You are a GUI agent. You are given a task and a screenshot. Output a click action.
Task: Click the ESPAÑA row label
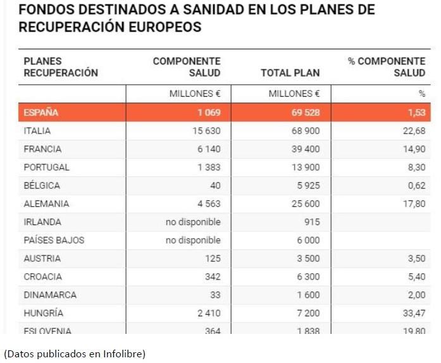[x=41, y=113]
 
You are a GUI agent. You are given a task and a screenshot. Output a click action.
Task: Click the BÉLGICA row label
[x=42, y=186]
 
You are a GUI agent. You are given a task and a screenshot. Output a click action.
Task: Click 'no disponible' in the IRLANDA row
[x=193, y=222]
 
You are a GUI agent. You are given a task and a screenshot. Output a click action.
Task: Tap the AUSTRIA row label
[x=42, y=259]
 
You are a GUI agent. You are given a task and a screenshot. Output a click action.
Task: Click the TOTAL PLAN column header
[x=290, y=73]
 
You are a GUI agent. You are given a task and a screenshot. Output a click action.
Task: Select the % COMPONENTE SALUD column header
[x=387, y=67]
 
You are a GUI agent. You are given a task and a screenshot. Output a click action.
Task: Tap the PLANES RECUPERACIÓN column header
[x=61, y=67]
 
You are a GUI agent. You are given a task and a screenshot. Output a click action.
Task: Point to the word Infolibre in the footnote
[x=125, y=354]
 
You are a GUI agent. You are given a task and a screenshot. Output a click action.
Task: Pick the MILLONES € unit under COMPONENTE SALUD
[x=194, y=94]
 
